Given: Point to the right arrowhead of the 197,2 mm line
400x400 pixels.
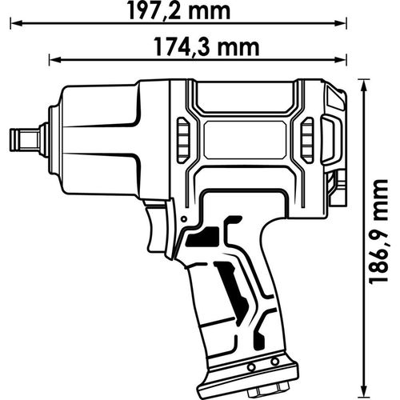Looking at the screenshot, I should click(346, 26).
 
